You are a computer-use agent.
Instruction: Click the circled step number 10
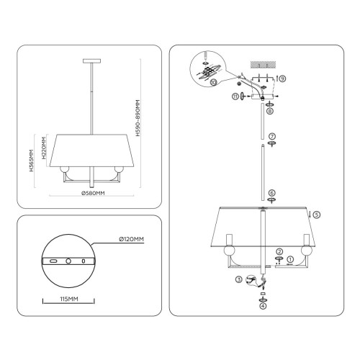point(213,84)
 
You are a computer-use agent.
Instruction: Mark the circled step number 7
point(272,136)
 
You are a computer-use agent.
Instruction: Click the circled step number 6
point(272,192)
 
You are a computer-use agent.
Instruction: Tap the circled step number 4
point(263,306)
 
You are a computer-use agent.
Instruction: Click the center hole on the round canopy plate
point(68,260)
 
